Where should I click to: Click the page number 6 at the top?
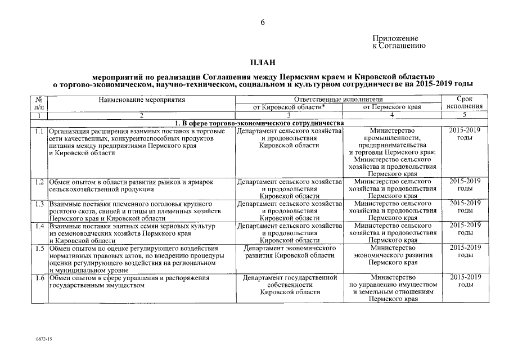pos(262,22)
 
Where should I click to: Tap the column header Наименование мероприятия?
pos(141,99)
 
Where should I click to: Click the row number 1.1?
pos(39,131)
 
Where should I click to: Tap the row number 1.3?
pos(39,203)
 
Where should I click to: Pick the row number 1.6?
pos(39,278)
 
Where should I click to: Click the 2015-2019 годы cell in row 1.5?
pos(465,251)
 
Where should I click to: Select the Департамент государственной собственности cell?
pos(289,285)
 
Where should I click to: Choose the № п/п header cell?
pos(39,102)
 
